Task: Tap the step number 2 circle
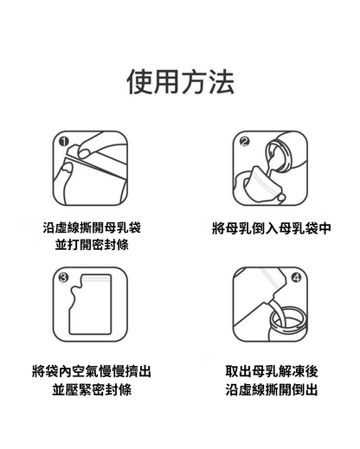[x=245, y=141]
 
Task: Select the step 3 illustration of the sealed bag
[x=91, y=304]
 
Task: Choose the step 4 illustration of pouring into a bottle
[x=270, y=304]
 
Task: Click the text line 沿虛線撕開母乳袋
[x=92, y=228]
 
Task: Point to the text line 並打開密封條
[x=92, y=246]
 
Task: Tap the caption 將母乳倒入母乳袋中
[x=271, y=229]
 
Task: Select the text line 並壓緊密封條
[x=92, y=390]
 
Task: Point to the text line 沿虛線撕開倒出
[x=271, y=390]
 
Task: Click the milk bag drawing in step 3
[x=91, y=307]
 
